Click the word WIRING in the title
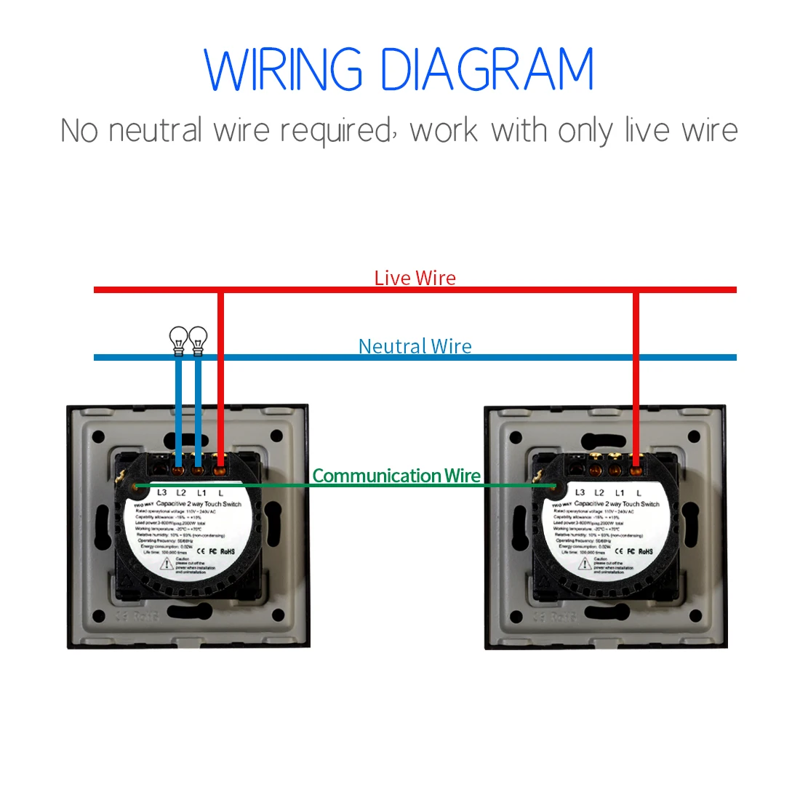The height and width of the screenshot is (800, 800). pyautogui.click(x=283, y=70)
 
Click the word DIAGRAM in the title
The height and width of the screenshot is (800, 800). pyautogui.click(x=487, y=70)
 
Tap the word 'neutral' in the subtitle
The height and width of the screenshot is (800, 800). pyautogui.click(x=156, y=131)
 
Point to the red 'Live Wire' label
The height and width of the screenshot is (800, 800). pyautogui.click(x=415, y=278)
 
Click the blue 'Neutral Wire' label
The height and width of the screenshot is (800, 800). pyautogui.click(x=415, y=346)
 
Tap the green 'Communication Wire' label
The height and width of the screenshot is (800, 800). pyautogui.click(x=396, y=476)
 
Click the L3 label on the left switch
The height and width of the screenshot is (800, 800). pyautogui.click(x=161, y=492)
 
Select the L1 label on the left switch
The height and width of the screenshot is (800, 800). pyautogui.click(x=201, y=492)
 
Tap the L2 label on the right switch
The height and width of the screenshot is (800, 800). pyautogui.click(x=599, y=492)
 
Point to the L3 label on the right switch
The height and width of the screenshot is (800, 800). pyautogui.click(x=580, y=492)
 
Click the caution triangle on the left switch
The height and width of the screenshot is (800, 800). pyautogui.click(x=167, y=564)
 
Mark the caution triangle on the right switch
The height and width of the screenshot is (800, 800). pyautogui.click(x=585, y=564)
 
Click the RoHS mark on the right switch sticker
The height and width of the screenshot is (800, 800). pyautogui.click(x=646, y=551)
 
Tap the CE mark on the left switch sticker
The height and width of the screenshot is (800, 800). pyautogui.click(x=201, y=551)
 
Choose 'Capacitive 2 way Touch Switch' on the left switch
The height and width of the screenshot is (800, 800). pyautogui.click(x=199, y=503)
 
